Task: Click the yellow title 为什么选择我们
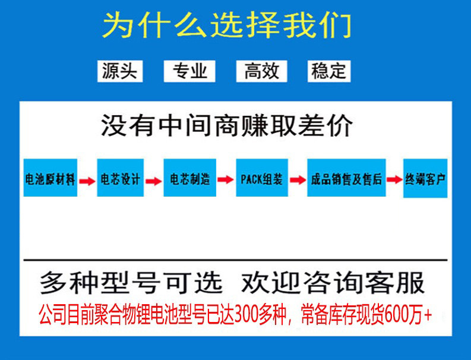coord(227,26)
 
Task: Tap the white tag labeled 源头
coord(119,71)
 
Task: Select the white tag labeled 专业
coord(190,71)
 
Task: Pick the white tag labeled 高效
coord(261,71)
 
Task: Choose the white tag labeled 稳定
coord(328,71)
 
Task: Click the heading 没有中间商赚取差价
coord(227,126)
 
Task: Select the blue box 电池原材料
coord(50,178)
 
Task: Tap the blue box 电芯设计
coord(120,178)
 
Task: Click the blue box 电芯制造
coord(190,178)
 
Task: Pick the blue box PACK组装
coord(261,178)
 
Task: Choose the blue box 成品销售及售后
coord(346,178)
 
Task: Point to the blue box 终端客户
coord(425,178)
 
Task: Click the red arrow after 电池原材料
coord(87,180)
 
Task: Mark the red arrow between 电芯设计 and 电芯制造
coord(154,180)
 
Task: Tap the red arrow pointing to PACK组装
coord(226,180)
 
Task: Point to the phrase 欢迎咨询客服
coord(333,283)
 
